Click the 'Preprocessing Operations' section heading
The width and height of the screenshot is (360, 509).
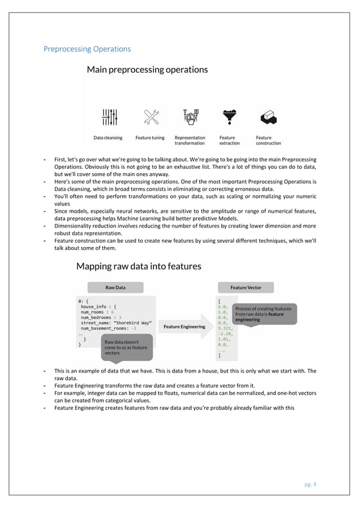tap(87, 49)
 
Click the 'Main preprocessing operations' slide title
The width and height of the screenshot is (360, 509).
tap(147, 70)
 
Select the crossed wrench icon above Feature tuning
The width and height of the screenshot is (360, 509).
tap(151, 117)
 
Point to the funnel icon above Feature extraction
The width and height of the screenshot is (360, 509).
tap(229, 117)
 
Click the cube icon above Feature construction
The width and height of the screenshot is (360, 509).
tap(267, 117)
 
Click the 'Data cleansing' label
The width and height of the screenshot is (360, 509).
tap(107, 137)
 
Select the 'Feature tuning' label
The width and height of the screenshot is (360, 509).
tap(150, 137)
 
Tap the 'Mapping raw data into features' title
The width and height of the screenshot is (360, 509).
tap(138, 266)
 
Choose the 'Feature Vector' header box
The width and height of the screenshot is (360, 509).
tap(245, 287)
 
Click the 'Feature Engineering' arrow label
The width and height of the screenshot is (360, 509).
tap(185, 326)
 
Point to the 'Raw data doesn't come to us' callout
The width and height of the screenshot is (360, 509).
tap(125, 347)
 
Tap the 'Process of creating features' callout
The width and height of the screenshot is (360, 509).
tap(264, 314)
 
